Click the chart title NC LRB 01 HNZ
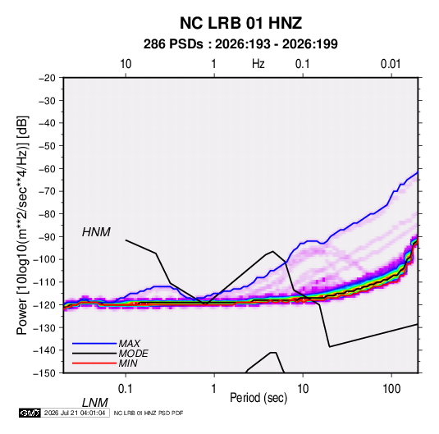(240, 23)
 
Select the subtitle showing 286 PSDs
(240, 44)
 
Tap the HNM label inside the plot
(96, 232)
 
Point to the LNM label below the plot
(95, 403)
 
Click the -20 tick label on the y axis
(47, 78)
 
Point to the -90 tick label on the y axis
(47, 236)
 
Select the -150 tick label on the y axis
(44, 373)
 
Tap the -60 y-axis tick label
(47, 168)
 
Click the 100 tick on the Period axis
(391, 389)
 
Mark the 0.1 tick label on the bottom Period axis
(126, 389)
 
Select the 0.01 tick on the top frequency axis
(391, 64)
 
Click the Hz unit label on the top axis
(258, 64)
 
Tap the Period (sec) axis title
(258, 398)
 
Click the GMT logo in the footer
(30, 413)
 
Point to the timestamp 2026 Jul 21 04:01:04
(75, 413)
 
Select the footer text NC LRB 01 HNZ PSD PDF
(149, 413)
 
